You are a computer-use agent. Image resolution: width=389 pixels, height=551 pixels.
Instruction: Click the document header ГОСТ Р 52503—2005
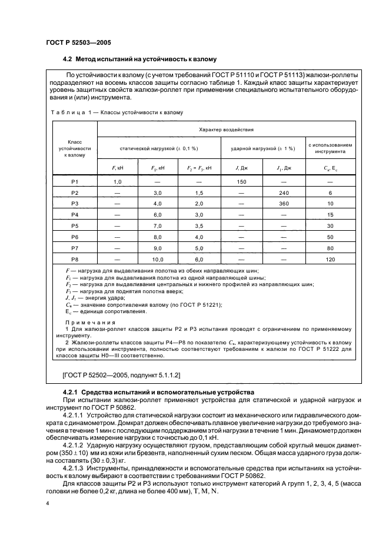coord(78,42)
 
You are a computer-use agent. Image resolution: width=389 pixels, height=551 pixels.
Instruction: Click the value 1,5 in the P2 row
coord(199,193)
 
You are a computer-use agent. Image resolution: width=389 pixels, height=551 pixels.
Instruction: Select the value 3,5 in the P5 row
coord(199,225)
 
